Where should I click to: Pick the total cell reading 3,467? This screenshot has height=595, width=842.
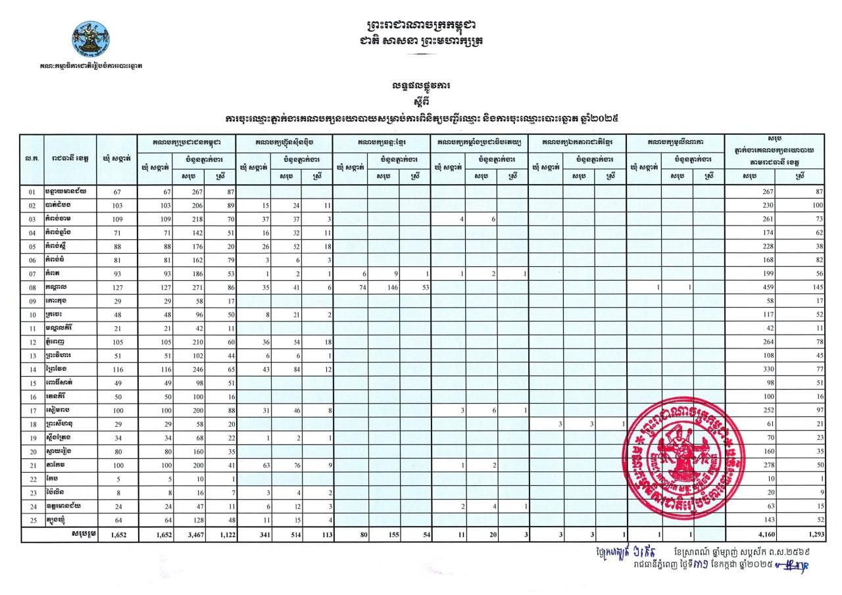click(x=187, y=535)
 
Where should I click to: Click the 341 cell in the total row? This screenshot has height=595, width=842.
click(x=252, y=535)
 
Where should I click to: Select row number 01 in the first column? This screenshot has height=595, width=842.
click(x=31, y=191)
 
